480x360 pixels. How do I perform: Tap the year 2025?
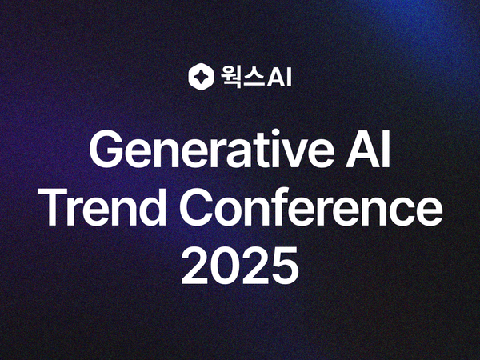coord(240,267)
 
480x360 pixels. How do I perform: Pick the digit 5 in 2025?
coord(284,267)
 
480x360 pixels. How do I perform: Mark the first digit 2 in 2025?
coord(196,267)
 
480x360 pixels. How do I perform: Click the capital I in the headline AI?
coord(386,150)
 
